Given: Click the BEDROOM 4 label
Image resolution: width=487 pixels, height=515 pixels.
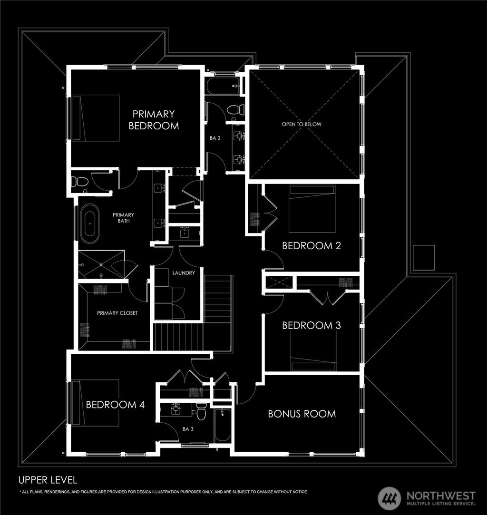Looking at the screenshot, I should click(115, 405).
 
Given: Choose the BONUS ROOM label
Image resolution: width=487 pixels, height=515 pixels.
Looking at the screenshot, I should click(302, 414).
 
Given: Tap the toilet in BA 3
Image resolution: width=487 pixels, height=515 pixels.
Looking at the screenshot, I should click(202, 412).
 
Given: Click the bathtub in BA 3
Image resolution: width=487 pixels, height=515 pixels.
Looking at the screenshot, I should click(222, 425).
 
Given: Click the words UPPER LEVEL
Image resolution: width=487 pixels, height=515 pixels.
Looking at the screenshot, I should click(48, 479).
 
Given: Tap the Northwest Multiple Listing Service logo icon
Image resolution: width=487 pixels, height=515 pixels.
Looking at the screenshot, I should click(390, 498).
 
